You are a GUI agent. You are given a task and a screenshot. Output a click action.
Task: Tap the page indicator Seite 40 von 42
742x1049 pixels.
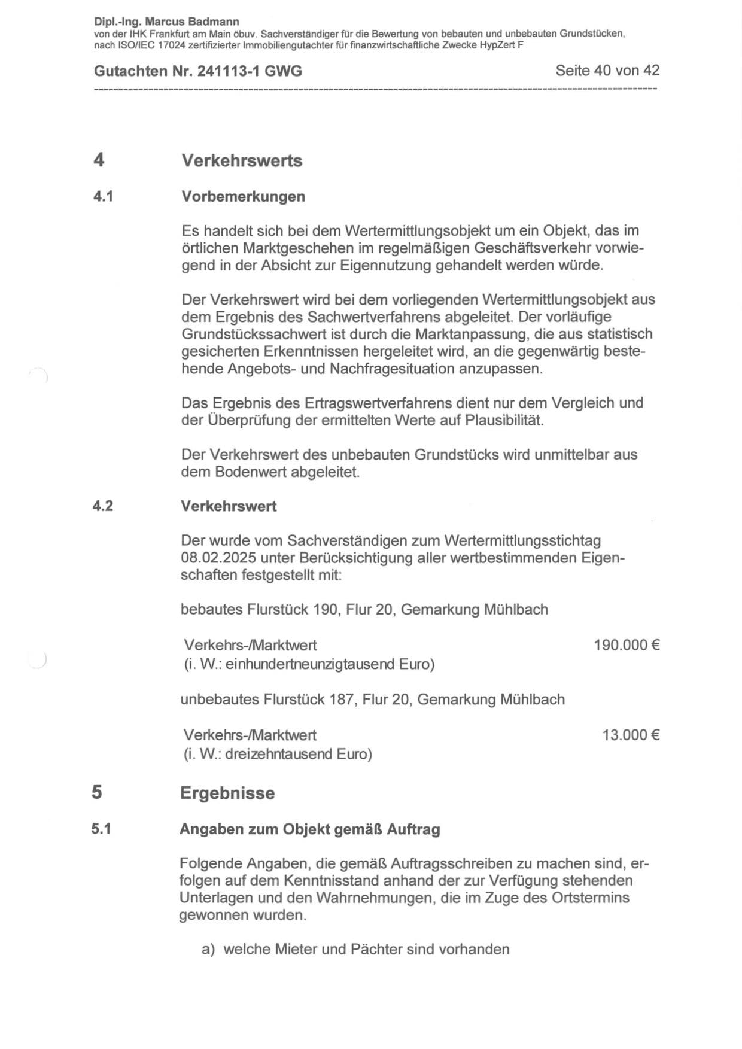click(607, 71)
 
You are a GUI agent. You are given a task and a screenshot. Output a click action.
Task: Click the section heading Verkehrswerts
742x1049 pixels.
click(242, 161)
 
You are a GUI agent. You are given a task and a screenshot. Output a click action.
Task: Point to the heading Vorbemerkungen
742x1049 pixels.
click(243, 197)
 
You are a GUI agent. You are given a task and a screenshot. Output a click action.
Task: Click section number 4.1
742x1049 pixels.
click(103, 197)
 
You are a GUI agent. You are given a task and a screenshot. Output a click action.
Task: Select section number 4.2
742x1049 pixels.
click(102, 506)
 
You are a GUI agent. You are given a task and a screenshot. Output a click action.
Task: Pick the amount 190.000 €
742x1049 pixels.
click(627, 645)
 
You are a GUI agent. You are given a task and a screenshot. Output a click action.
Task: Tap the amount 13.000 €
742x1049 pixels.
click(631, 735)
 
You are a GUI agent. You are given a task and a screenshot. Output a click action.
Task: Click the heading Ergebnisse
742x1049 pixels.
click(227, 793)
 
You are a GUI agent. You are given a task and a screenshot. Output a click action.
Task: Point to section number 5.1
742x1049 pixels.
click(101, 829)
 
